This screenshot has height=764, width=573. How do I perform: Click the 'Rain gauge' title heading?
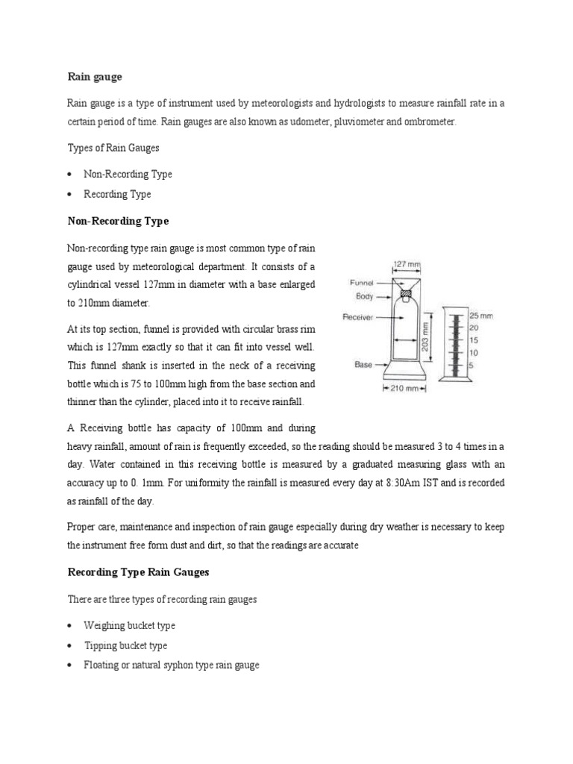(94, 76)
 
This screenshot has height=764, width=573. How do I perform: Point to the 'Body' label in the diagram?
(365, 296)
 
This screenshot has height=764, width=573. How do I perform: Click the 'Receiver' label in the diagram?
(358, 317)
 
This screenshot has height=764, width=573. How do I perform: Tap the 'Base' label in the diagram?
(363, 365)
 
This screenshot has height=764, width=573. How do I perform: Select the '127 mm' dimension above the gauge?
(406, 263)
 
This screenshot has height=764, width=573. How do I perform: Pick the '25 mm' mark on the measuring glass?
(482, 316)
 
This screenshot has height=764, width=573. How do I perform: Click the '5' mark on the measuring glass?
(473, 364)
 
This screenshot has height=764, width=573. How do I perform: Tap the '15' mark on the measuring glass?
(475, 340)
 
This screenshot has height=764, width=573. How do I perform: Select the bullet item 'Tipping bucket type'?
(125, 645)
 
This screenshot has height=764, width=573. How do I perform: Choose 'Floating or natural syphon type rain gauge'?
(172, 665)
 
